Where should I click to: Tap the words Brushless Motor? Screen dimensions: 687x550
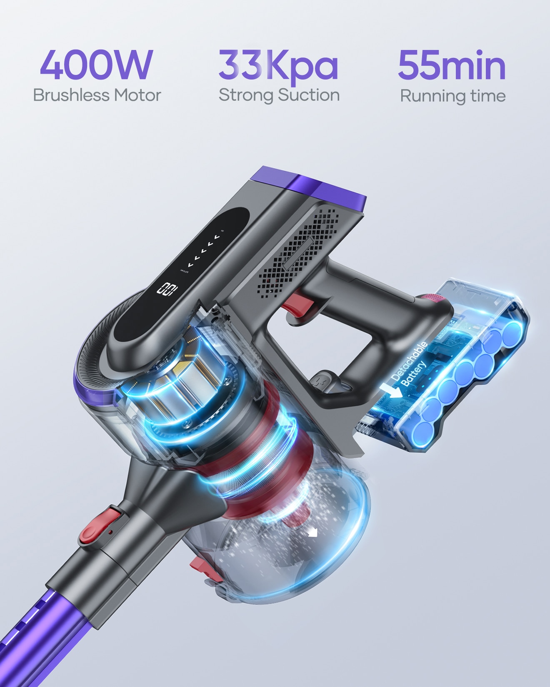point(97,95)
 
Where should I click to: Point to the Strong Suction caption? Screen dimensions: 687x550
point(279,95)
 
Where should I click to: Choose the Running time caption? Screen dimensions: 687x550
point(452,96)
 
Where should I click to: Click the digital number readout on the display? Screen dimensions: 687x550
point(167,288)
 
